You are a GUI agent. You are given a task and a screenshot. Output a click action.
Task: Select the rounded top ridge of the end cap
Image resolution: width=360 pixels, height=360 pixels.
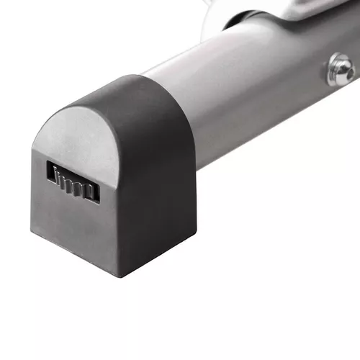click(x=108, y=90)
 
